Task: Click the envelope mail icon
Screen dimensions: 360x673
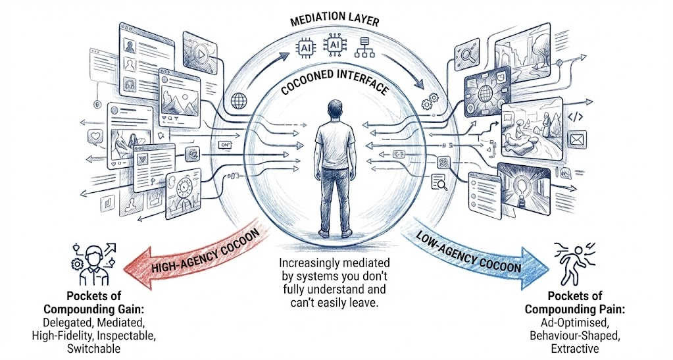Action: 578,140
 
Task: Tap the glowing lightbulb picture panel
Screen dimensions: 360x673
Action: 524,188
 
